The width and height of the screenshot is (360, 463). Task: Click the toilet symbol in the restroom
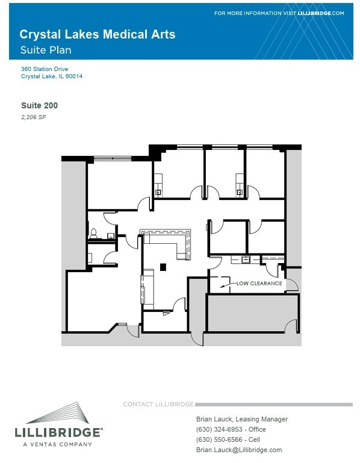(x=94, y=232)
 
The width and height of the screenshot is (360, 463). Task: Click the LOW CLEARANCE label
(x=259, y=283)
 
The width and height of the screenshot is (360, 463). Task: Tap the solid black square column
(x=163, y=267)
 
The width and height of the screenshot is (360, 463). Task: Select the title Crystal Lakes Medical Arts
(x=98, y=35)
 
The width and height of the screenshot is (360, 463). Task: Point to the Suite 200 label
(x=39, y=105)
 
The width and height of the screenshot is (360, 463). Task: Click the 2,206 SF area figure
(x=34, y=117)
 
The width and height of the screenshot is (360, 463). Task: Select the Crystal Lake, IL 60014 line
(x=52, y=76)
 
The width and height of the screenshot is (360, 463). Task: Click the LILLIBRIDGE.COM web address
(x=321, y=13)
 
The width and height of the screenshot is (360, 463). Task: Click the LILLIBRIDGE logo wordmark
(x=58, y=432)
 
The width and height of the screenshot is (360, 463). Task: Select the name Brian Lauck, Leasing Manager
(x=242, y=419)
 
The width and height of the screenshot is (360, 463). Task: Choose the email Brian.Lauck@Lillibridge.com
(x=239, y=450)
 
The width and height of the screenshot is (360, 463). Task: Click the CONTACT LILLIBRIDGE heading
(x=158, y=404)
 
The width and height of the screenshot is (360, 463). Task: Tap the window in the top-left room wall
(x=113, y=158)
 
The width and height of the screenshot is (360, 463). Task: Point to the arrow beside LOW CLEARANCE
(x=226, y=284)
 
